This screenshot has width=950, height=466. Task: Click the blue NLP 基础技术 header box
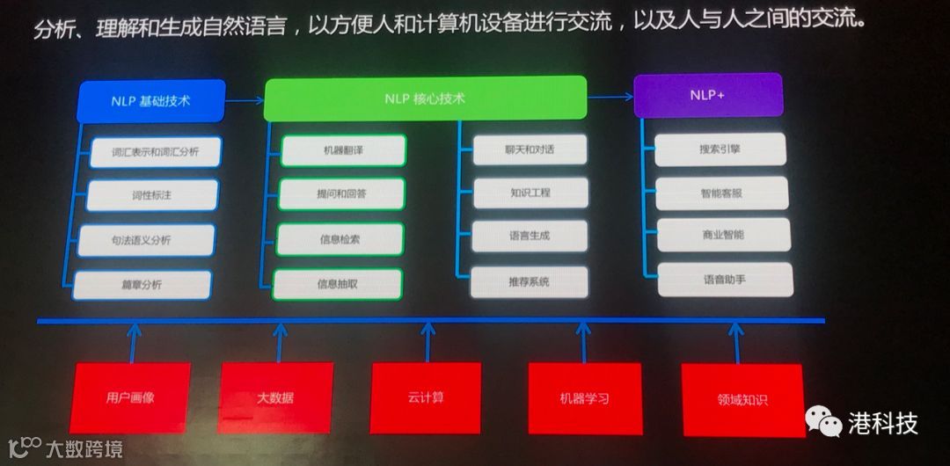point(151,100)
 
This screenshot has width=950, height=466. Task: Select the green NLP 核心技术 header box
point(425,98)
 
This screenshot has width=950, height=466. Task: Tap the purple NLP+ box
point(708,95)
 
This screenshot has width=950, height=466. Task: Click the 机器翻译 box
point(343,150)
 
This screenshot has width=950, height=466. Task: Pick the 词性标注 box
point(146,194)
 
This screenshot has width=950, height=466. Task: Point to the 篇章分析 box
point(142,284)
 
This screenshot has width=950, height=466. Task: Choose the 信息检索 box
point(340,238)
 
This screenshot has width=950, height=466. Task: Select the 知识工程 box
point(530,193)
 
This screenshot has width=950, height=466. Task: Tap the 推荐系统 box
point(529,281)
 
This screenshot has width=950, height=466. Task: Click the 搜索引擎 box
point(720,149)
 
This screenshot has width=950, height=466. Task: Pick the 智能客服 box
point(722,193)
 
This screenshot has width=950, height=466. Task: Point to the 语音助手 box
point(725,279)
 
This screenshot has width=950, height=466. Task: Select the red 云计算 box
point(426,397)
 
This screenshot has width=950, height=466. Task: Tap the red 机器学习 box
point(584,397)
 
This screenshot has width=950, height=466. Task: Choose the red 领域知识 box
point(742,400)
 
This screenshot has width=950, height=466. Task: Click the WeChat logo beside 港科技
point(824,423)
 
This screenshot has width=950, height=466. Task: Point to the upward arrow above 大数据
point(281,341)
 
